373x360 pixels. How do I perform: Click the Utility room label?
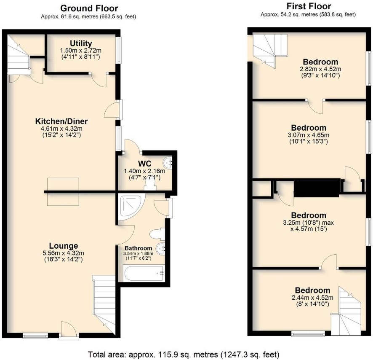click(81, 43)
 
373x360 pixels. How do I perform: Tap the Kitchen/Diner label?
click(61, 121)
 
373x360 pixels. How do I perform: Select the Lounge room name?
click(64, 246)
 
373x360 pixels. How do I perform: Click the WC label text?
click(145, 164)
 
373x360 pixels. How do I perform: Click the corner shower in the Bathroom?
click(131, 206)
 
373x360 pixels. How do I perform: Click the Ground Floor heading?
click(89, 8)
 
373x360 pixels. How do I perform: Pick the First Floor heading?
click(309, 6)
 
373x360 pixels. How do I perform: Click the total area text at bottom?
click(184, 355)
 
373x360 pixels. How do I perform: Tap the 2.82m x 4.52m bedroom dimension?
click(320, 69)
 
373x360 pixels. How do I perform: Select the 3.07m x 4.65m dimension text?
click(309, 135)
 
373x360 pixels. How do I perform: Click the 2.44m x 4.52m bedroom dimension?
click(312, 298)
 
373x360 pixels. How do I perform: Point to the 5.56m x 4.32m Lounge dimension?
click(64, 253)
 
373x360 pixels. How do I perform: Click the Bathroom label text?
click(139, 248)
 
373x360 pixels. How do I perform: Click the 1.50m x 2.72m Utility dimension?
click(81, 51)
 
